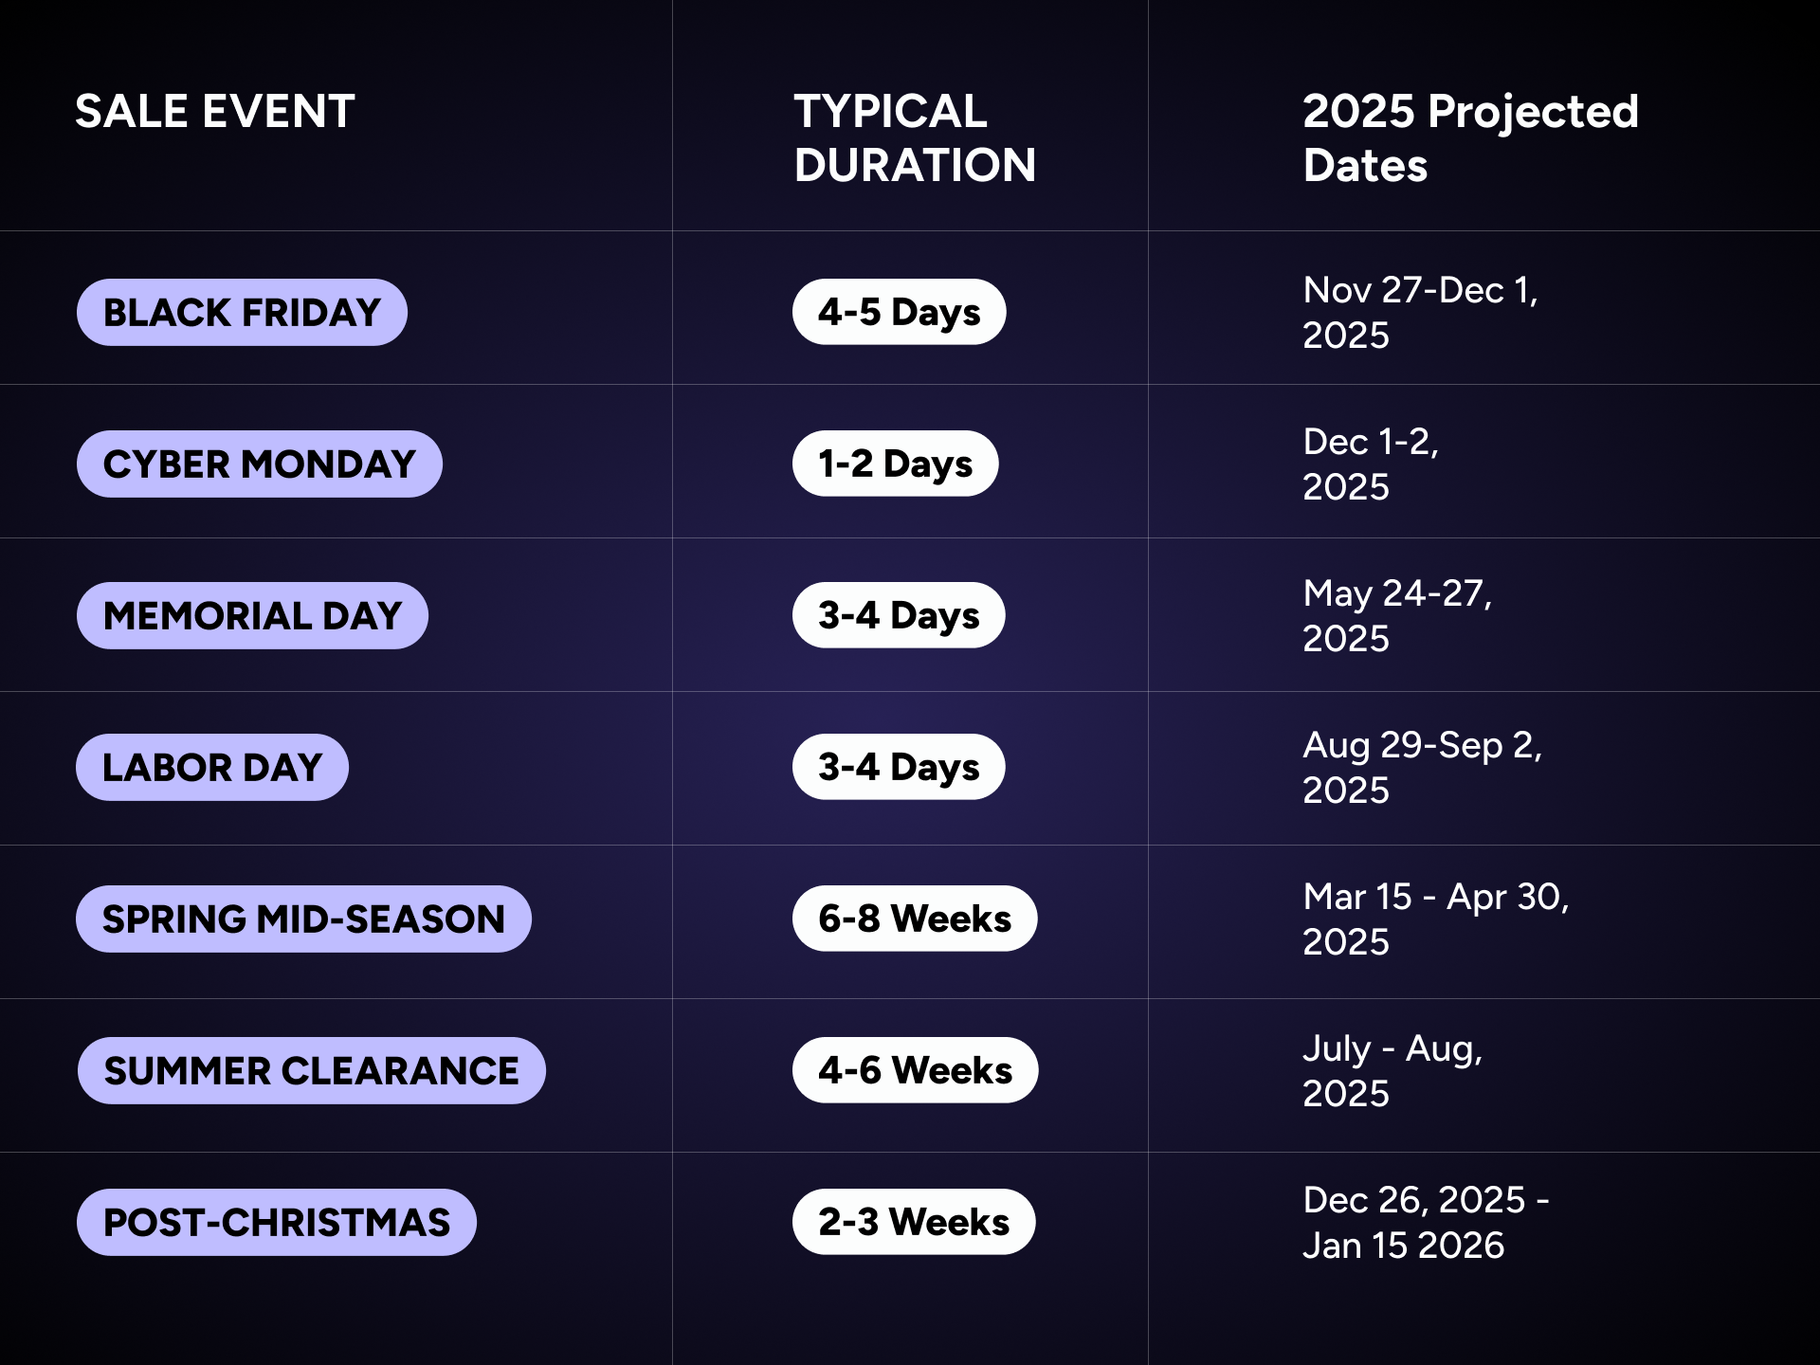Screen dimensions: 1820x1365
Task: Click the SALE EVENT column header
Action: (215, 111)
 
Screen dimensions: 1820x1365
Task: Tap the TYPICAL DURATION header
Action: (915, 138)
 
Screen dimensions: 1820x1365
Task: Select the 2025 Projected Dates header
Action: (1470, 138)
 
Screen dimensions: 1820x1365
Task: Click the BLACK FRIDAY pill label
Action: (242, 312)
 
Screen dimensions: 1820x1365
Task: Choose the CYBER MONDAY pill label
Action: (260, 464)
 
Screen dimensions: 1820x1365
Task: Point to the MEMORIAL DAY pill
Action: (252, 615)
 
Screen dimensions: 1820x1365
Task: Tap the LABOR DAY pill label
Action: (212, 767)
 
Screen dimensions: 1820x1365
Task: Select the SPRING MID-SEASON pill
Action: (303, 919)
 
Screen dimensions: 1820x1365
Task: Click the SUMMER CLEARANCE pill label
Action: (311, 1070)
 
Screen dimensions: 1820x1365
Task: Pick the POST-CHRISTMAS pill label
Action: (277, 1222)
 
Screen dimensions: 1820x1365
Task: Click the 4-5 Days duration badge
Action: (899, 312)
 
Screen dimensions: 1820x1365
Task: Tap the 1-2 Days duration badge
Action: (895, 464)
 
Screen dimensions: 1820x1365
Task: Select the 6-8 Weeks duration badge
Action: (915, 919)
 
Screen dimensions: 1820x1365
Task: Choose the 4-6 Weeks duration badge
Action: (915, 1070)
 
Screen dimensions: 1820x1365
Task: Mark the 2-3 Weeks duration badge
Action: (914, 1222)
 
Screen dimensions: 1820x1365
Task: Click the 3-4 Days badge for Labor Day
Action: (899, 767)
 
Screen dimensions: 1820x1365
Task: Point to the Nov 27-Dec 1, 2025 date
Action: (1420, 312)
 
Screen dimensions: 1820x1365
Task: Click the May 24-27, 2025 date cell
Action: (1397, 615)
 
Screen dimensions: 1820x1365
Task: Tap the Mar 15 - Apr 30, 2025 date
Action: (1436, 919)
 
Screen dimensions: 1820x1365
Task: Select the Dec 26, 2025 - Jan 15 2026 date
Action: (1426, 1222)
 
